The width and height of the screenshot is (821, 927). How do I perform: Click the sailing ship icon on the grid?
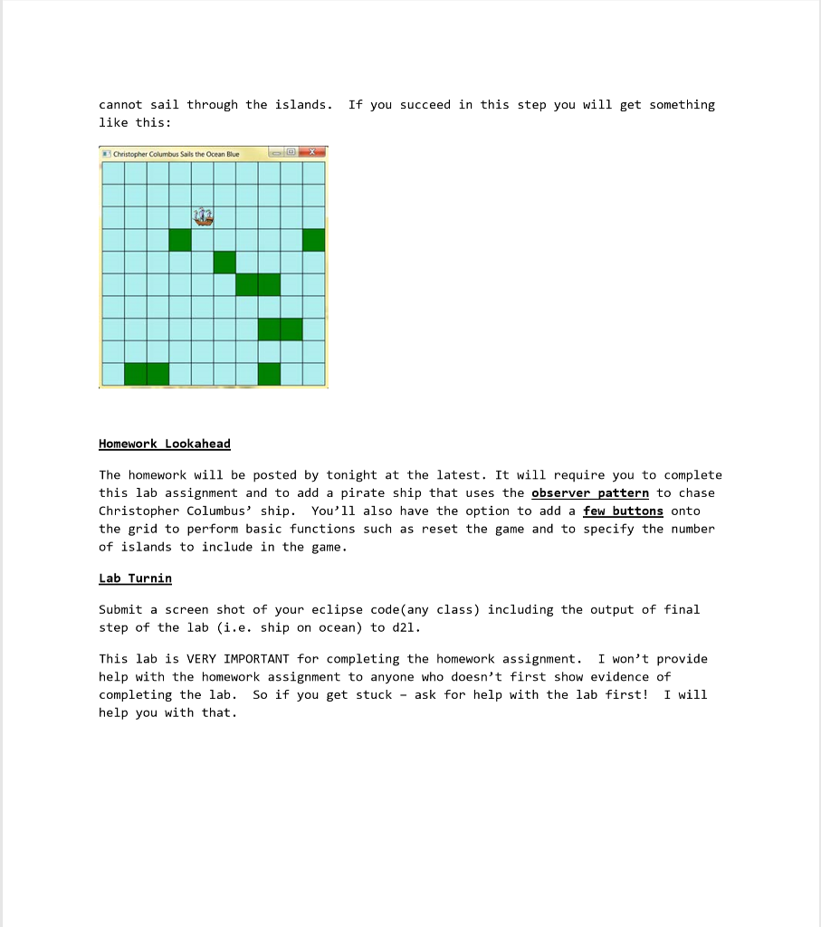[x=204, y=216]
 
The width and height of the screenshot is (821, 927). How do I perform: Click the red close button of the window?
[x=311, y=153]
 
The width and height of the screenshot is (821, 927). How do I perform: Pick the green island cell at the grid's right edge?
[x=314, y=240]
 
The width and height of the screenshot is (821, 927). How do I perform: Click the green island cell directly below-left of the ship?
[x=180, y=240]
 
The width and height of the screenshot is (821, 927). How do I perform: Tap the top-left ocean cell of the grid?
[x=113, y=172]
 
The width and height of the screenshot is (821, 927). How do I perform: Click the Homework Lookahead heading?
[x=165, y=444]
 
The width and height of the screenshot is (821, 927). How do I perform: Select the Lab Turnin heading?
[x=135, y=578]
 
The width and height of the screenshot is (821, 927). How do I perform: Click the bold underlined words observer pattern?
[x=590, y=492]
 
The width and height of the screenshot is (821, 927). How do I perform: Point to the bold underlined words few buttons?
[x=623, y=511]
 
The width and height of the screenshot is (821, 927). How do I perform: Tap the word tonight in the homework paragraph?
[x=351, y=474]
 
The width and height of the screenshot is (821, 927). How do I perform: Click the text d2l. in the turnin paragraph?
[x=406, y=627]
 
